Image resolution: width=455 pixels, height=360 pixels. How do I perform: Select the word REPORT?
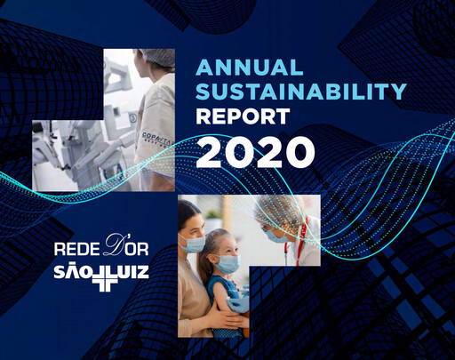pos(243,116)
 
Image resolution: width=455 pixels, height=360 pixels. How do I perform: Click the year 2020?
pos(256,151)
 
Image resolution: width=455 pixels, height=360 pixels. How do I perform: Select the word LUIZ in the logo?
pos(131,273)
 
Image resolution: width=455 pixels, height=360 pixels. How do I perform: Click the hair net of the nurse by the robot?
pos(156,59)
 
